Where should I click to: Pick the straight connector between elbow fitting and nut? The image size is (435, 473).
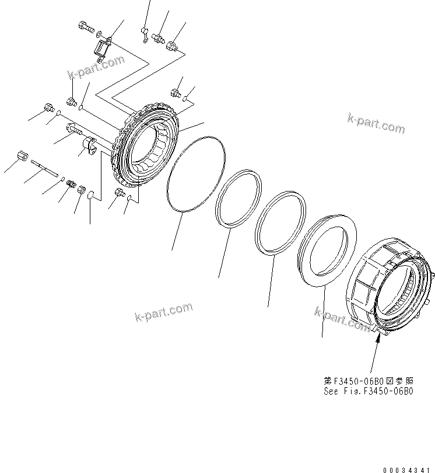pos(157,39)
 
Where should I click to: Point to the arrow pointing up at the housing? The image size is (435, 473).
pos(376,350)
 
